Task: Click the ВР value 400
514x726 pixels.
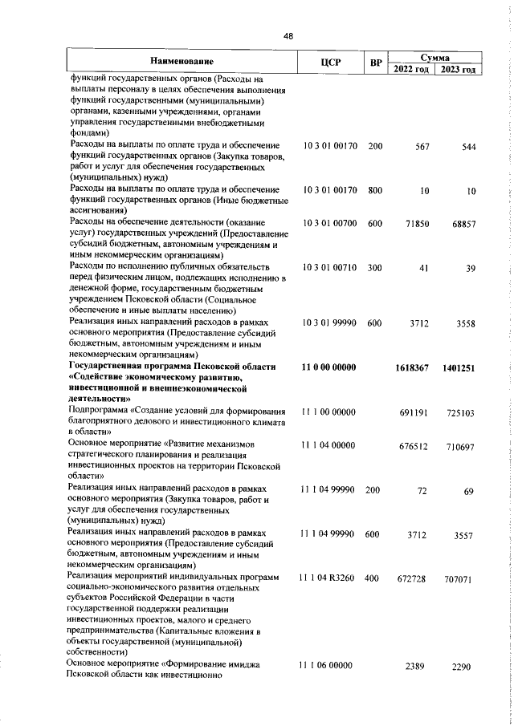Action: point(374,601)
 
